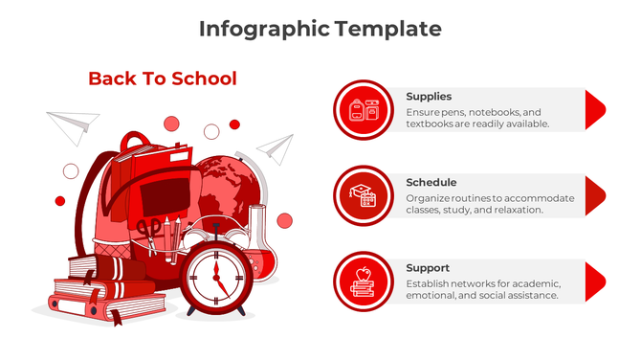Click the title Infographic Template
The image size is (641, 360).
[320, 29]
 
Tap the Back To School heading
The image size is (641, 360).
[162, 79]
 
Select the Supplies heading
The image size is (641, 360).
[429, 97]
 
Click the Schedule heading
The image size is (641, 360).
[431, 182]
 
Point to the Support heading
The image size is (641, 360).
[427, 268]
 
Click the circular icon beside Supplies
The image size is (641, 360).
[364, 110]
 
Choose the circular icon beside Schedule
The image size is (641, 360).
[364, 195]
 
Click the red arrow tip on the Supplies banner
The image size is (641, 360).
[594, 110]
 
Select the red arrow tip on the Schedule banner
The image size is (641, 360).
[594, 195]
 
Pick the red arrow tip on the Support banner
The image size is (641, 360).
[594, 281]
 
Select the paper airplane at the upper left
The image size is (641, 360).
[73, 124]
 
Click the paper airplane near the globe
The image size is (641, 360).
[276, 147]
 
